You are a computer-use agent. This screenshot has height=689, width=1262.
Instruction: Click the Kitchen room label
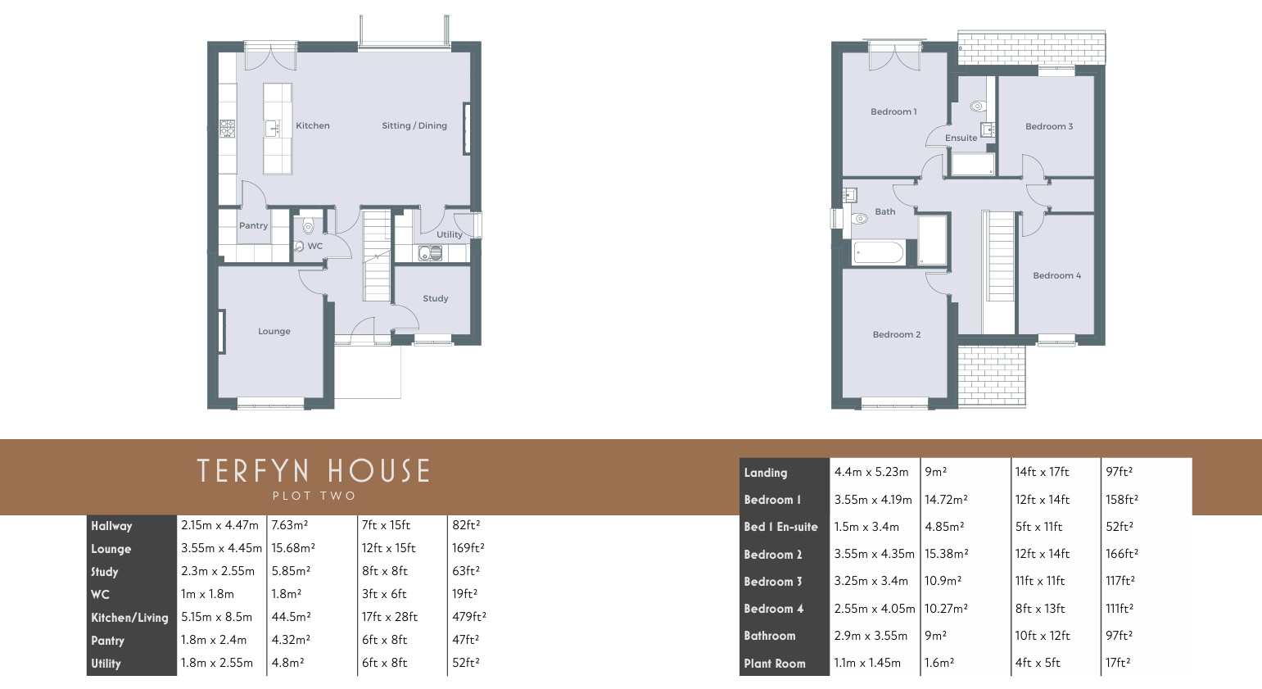pos(313,125)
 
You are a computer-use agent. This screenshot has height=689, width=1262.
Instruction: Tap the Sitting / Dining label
pos(414,125)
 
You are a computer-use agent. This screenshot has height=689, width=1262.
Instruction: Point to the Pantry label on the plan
pos(254,225)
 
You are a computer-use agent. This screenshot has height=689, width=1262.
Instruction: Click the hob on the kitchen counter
pos(227,129)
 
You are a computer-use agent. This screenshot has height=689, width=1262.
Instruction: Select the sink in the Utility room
pos(431,253)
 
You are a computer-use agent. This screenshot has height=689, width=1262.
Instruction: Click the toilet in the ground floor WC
pos(308,227)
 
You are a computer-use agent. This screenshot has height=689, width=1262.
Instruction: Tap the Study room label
pos(436,298)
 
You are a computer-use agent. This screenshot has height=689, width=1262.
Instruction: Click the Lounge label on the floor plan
pos(274,331)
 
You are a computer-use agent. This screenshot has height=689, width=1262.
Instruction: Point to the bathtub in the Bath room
pos(879,252)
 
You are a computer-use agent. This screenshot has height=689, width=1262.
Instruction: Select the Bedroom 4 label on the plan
pos(1057,275)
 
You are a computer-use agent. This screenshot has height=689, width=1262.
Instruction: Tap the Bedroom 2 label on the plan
pos(897,334)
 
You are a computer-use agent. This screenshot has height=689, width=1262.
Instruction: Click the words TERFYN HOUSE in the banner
pos(313,471)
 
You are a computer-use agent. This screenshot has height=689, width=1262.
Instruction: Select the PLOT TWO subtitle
pos(314,496)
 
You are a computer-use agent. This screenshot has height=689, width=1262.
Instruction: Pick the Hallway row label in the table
pos(111,525)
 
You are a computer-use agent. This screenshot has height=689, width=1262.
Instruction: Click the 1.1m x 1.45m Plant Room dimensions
pos(867,663)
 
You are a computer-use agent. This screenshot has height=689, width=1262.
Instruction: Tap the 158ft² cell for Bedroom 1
pos(1122,500)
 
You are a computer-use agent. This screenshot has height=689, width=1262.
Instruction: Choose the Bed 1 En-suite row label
pos(780,527)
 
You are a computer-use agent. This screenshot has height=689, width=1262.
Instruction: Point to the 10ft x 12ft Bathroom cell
pos(1043,636)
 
